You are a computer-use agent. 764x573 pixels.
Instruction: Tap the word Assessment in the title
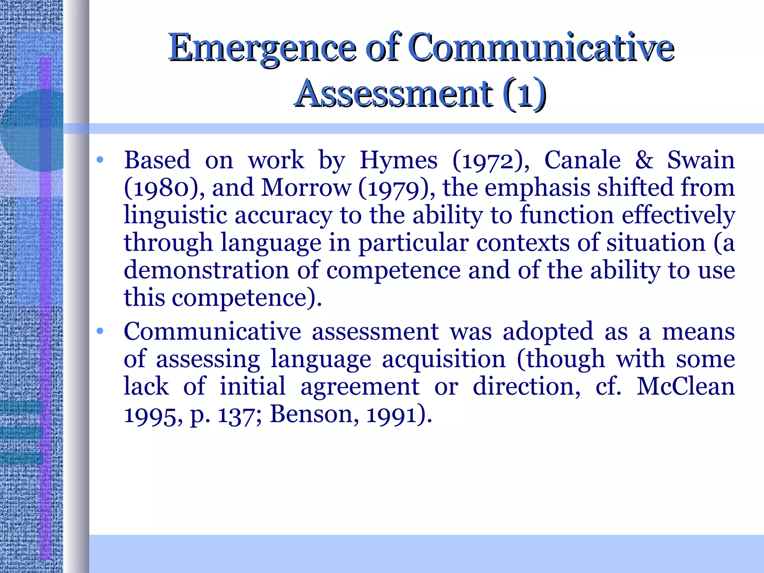tap(393, 93)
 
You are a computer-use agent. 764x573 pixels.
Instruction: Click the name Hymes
tap(398, 161)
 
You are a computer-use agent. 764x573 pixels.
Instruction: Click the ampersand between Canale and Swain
tap(644, 160)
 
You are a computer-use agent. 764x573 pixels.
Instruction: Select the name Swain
tap(701, 160)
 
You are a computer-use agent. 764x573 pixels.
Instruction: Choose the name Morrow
tap(306, 188)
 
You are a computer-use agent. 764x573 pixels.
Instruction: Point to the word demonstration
tap(206, 270)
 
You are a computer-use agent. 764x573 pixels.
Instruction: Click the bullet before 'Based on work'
tap(100, 160)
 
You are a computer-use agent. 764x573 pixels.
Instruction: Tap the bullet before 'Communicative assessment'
tap(100, 331)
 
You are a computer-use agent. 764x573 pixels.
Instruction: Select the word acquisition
tap(444, 360)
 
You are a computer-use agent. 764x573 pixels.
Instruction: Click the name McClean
tap(685, 386)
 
